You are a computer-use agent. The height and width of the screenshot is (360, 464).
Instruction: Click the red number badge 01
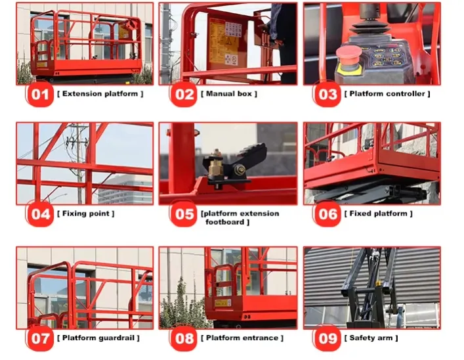[39, 95]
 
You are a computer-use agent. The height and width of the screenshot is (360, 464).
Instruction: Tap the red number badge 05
[184, 214]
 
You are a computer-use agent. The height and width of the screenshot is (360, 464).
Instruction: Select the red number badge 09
[327, 338]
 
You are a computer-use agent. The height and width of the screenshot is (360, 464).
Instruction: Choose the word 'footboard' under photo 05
[224, 222]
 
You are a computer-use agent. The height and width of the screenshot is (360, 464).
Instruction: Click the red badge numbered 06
[327, 214]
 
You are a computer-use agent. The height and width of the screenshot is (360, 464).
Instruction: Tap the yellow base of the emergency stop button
[349, 70]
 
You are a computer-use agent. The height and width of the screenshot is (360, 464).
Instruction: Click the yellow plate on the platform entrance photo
[222, 303]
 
